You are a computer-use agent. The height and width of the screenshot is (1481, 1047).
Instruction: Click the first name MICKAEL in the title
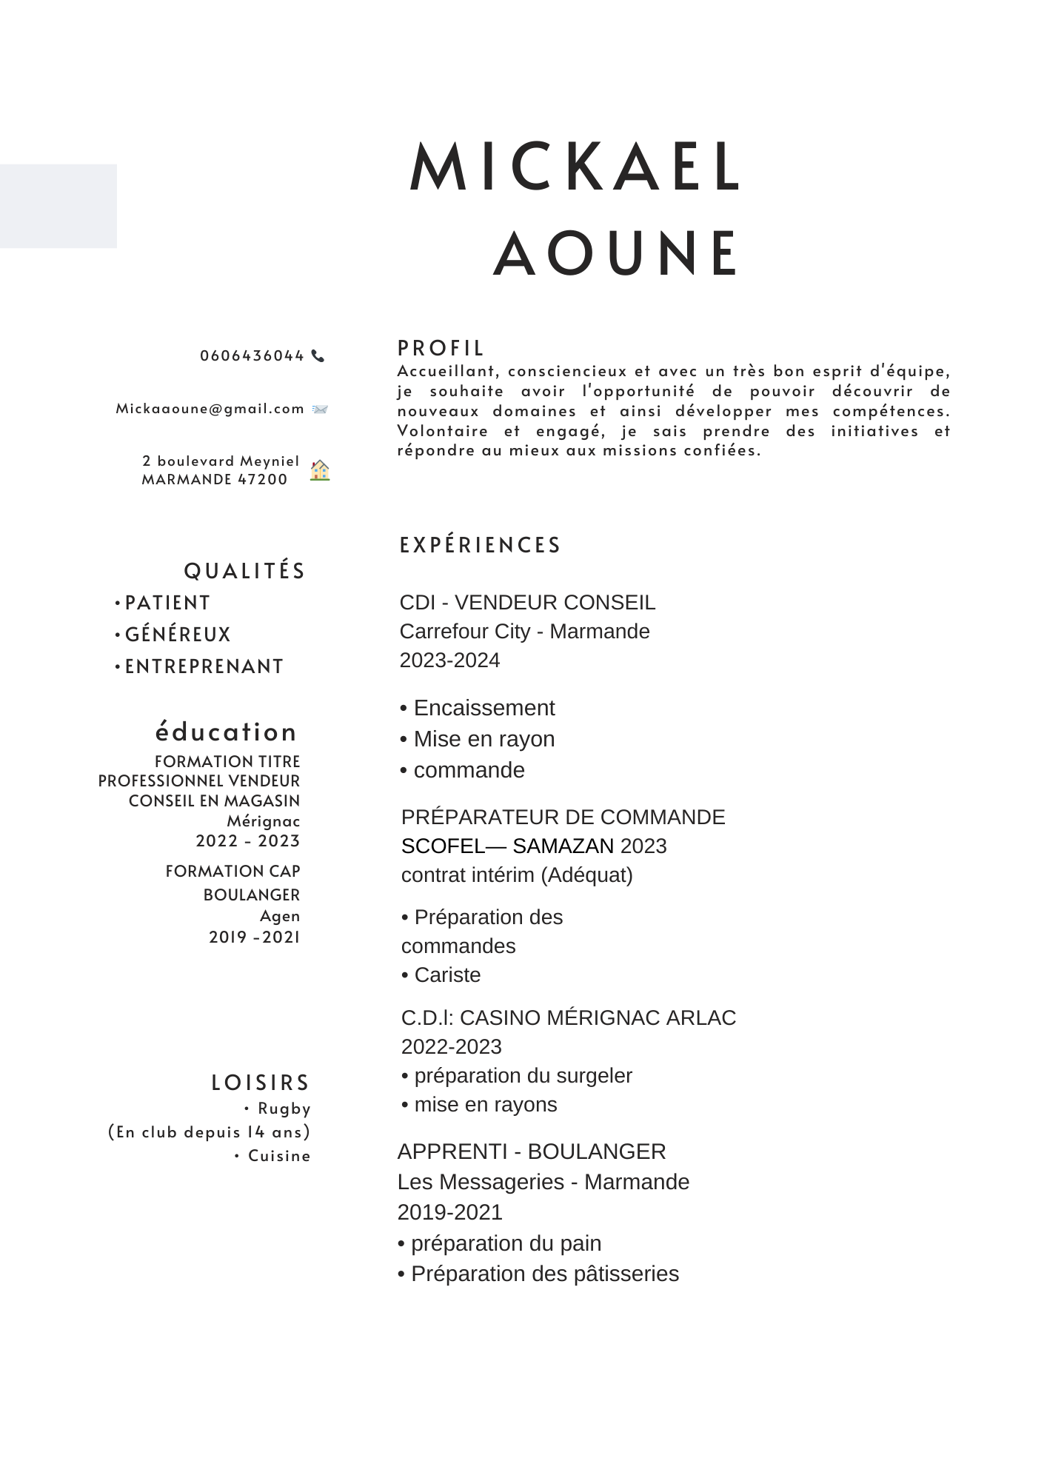coord(575,167)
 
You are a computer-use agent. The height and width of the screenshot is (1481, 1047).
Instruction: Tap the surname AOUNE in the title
coord(617,254)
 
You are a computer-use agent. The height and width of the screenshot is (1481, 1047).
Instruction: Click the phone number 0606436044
coord(252,355)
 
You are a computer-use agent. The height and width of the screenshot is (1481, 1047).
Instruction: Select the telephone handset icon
coord(318,355)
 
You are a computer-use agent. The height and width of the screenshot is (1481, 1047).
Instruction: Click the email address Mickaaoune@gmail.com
coord(210,409)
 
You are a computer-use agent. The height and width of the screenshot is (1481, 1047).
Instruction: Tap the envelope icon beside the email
coord(320,409)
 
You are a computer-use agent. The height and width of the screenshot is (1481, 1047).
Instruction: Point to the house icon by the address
coord(320,470)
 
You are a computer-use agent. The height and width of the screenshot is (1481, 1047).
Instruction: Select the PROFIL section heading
coord(441,348)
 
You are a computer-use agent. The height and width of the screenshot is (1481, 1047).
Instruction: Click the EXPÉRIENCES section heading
coord(481,545)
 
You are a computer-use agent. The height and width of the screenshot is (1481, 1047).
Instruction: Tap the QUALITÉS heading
coord(244,571)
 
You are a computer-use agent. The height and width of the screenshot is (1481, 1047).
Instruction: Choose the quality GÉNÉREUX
coord(178,635)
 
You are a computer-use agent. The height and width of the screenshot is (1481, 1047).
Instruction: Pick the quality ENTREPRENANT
coord(204,666)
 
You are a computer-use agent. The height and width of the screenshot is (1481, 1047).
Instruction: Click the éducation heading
coord(226,732)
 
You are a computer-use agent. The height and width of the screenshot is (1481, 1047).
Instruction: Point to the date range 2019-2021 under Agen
coord(254,937)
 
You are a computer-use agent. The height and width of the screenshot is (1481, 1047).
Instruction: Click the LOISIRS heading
coord(261,1083)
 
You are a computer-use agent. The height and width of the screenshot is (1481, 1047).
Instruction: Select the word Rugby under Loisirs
coord(284,1109)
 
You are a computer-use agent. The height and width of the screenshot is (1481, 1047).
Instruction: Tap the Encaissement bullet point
coord(484,708)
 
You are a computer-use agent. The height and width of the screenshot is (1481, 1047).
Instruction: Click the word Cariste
coord(447,975)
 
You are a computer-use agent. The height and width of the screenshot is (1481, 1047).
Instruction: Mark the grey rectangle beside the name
coord(58,206)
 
